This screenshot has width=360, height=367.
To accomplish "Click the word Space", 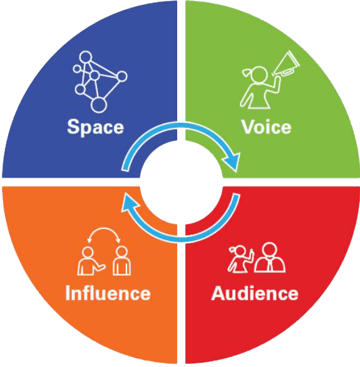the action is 95,127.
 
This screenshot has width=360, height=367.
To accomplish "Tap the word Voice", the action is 266,127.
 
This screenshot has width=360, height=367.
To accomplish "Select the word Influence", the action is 108,292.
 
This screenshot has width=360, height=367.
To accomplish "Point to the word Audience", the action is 255,292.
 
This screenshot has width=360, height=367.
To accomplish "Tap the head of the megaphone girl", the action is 259,75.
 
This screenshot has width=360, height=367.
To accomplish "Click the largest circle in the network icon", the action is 98,105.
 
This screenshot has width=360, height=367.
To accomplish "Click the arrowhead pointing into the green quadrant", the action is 232,162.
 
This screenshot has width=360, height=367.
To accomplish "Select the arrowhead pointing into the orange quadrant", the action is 129,203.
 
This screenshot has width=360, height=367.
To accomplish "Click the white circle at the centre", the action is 182,182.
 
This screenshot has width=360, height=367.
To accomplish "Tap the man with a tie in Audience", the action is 270,257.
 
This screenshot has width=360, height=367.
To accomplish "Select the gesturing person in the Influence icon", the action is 90,261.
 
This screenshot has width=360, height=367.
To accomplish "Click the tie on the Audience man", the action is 270,264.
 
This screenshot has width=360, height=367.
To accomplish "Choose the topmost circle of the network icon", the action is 85,57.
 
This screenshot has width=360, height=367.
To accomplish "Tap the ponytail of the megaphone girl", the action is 246,73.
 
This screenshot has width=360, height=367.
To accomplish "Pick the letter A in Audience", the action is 219,292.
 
